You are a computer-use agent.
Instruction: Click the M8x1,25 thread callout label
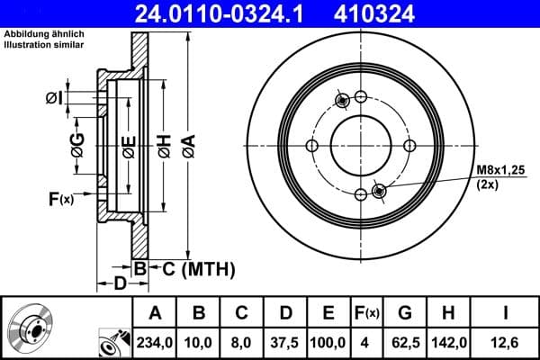tap(500, 170)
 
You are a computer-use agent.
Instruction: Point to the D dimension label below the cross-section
tap(120, 285)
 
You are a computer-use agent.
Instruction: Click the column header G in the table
tap(406, 313)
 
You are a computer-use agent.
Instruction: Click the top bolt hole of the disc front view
tap(360, 97)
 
